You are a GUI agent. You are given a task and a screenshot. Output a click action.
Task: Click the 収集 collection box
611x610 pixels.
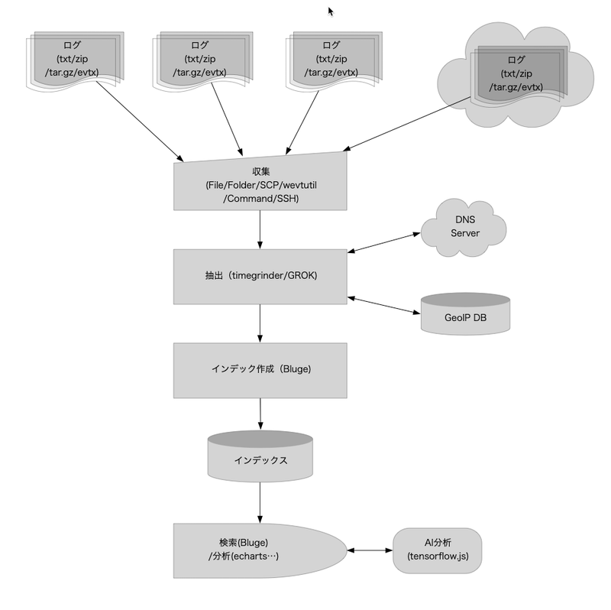coord(260,183)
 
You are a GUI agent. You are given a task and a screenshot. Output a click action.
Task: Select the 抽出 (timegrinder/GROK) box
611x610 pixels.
coord(260,276)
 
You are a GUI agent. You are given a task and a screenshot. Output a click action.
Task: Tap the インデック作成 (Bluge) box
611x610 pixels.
coord(260,368)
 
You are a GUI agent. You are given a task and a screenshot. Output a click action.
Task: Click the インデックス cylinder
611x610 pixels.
coord(260,461)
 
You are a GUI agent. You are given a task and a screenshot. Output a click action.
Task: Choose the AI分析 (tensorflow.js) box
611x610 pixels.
coord(438,550)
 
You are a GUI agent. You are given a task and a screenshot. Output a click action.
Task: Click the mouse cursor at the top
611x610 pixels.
coord(331,11)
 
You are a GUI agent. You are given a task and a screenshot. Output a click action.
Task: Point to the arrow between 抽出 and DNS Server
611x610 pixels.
coord(384,242)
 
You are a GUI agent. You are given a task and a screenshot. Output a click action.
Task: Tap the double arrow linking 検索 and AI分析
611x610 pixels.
coord(370,550)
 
